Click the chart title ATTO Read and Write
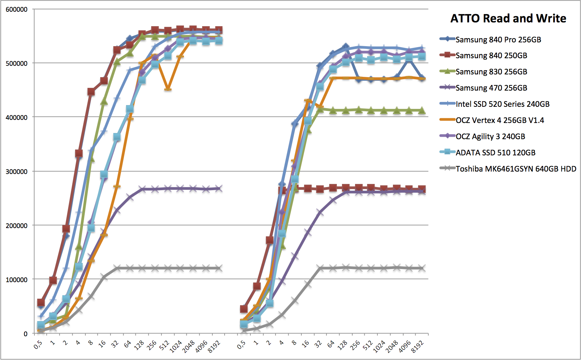tap(508, 18)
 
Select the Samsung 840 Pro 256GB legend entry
tap(498, 40)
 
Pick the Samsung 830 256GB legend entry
tap(491, 72)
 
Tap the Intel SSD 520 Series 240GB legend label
tap(502, 104)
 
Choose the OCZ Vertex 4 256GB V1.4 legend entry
tap(500, 120)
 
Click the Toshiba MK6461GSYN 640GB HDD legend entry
tap(516, 169)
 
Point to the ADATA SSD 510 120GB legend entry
tap(495, 153)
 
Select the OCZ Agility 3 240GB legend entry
tap(490, 136)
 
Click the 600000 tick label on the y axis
tap(17, 10)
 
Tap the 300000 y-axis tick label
tap(17, 172)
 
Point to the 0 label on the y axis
tap(25, 334)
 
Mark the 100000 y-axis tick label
tap(17, 280)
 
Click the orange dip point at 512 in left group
tap(168, 89)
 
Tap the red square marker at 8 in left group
tap(91, 92)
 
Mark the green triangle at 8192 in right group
tap(422, 111)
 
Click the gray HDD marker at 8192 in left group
tap(218, 268)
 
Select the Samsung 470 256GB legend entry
tap(491, 88)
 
